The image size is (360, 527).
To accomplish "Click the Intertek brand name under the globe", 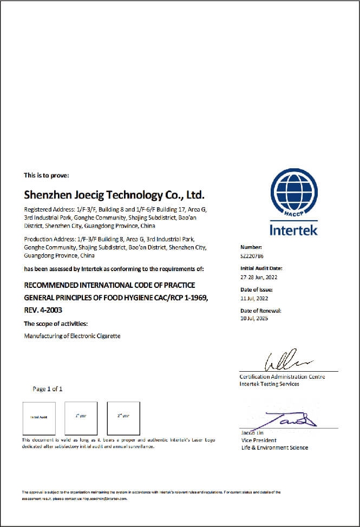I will click(293, 230).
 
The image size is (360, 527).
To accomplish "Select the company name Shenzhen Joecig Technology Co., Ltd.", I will click(114, 194).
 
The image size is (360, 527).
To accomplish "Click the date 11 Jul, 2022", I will click(254, 298).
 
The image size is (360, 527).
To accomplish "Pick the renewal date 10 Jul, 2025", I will click(254, 318).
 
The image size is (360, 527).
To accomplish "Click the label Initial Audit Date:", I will click(261, 268).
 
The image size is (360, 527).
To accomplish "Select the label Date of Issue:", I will click(257, 290).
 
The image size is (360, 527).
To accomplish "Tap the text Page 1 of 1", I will click(48, 388).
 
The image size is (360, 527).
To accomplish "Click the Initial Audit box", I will click(38, 418).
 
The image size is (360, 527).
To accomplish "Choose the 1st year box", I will click(81, 418).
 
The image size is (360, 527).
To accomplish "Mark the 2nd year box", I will click(123, 418).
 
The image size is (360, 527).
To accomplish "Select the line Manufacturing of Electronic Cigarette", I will click(73, 336).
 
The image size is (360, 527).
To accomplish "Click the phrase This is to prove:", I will click(46, 175).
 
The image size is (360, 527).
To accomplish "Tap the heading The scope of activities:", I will click(55, 324).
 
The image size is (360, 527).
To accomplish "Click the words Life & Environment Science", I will click(274, 447).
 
